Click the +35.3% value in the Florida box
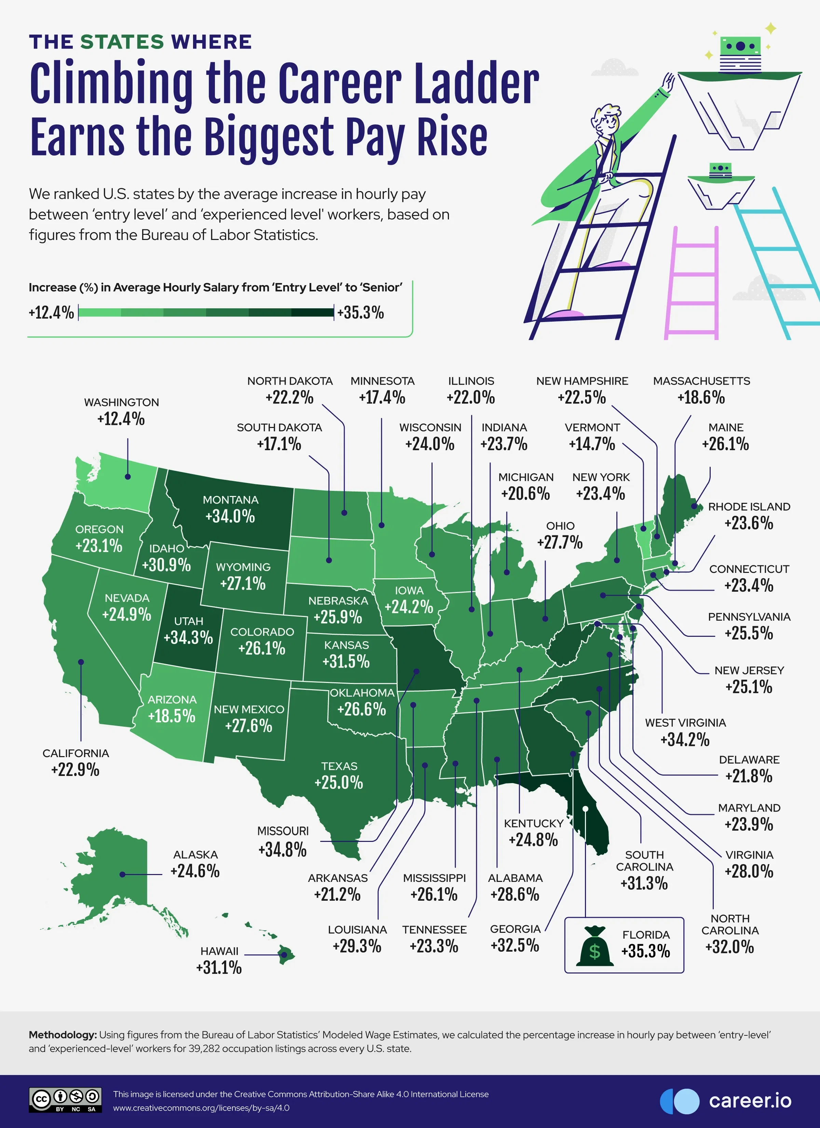click(645, 951)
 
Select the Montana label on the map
click(230, 500)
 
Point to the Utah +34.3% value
click(188, 637)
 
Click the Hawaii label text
click(219, 951)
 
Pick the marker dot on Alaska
click(122, 874)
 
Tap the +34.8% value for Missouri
click(282, 849)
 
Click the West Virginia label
click(685, 723)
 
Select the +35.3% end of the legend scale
click(360, 313)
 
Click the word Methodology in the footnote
click(63, 1035)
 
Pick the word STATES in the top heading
click(122, 42)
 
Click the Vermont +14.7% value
click(592, 444)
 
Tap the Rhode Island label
click(749, 507)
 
